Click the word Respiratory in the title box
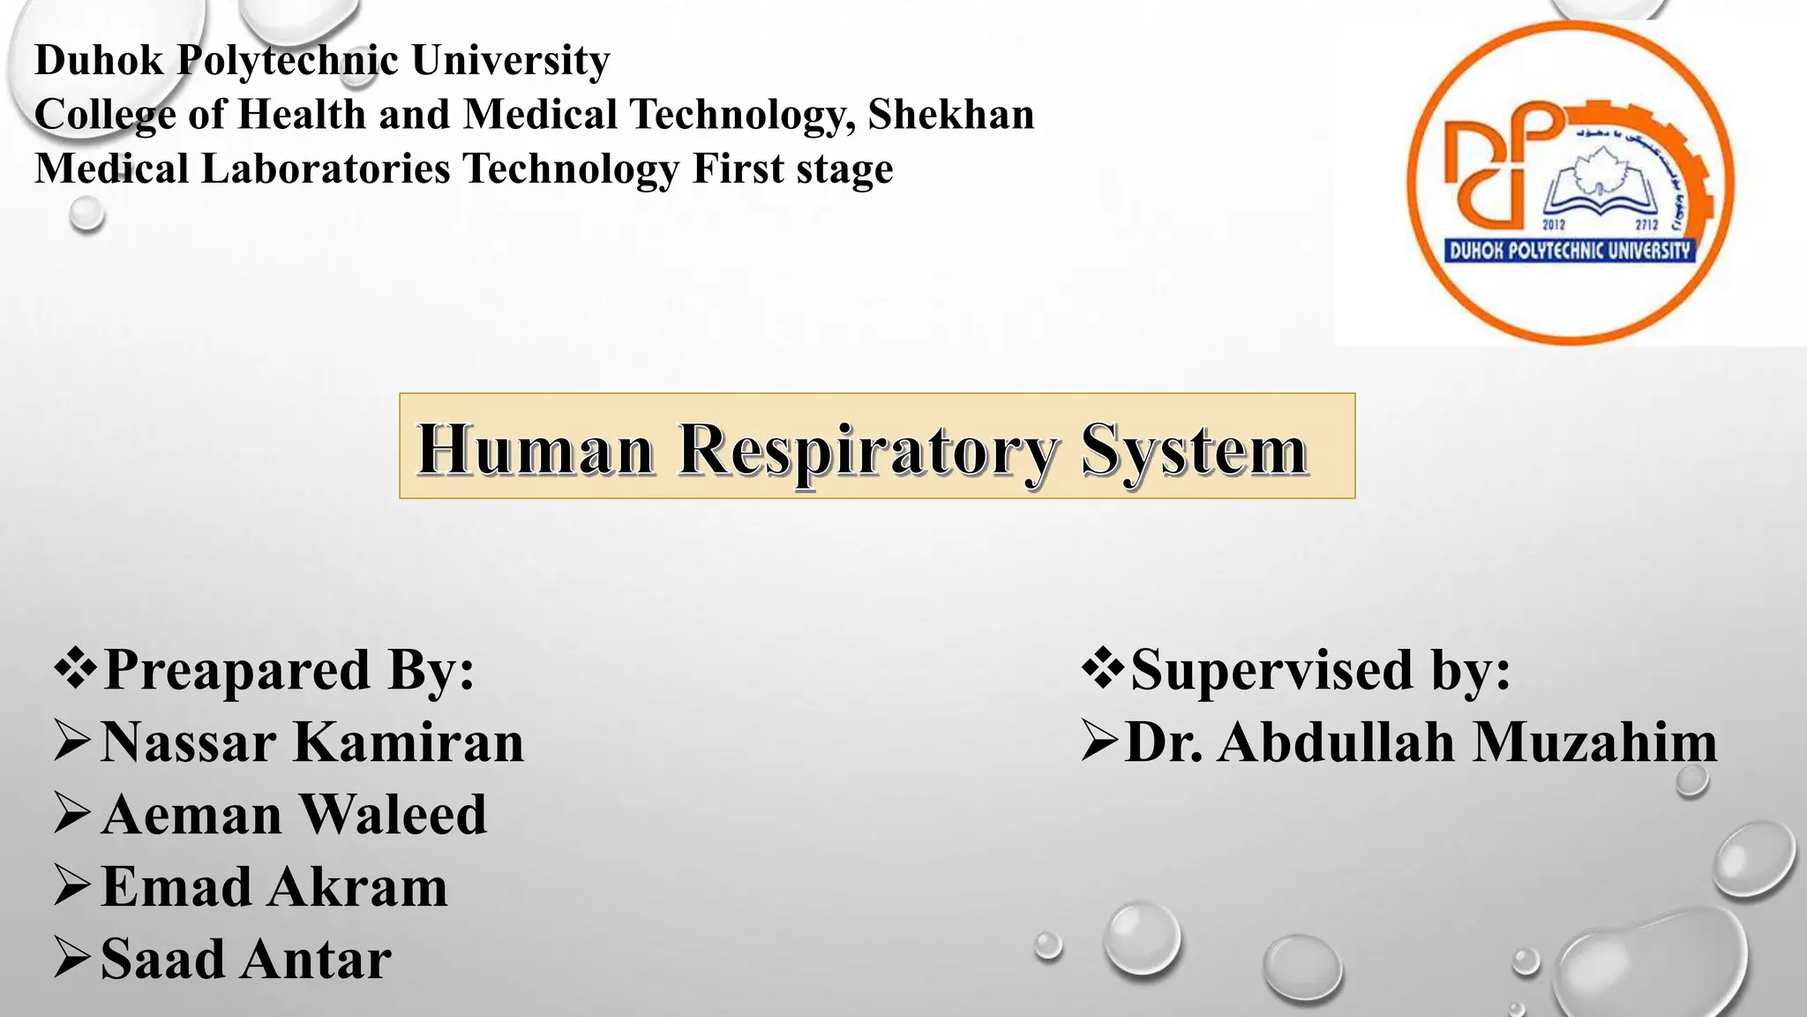[x=866, y=450]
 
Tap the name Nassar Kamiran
[x=312, y=742]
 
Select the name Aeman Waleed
[x=294, y=814]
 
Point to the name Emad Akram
[x=274, y=886]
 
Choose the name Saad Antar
[x=246, y=959]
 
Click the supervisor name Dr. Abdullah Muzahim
[x=1421, y=742]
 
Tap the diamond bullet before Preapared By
[x=76, y=668]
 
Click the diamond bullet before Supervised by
[x=1103, y=668]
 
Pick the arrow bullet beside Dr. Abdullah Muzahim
[x=1099, y=742]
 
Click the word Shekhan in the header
[x=950, y=114]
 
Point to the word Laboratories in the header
[x=326, y=169]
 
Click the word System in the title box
[x=1193, y=450]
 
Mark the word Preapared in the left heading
[x=237, y=668]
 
